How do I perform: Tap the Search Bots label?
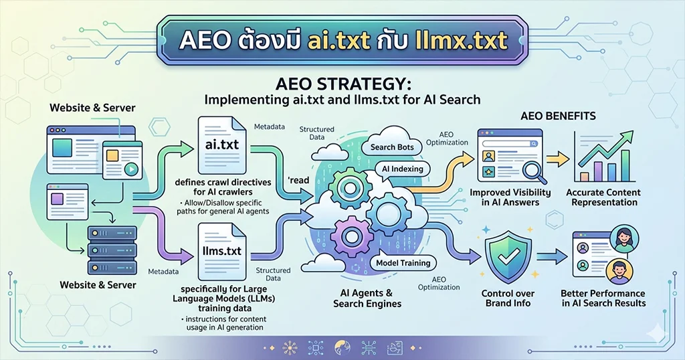(x=392, y=147)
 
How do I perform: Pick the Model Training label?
(x=403, y=263)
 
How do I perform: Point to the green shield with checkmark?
(x=508, y=257)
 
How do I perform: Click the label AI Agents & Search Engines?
(x=367, y=298)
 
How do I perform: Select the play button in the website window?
(x=130, y=169)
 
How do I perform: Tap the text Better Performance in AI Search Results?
(x=603, y=298)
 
